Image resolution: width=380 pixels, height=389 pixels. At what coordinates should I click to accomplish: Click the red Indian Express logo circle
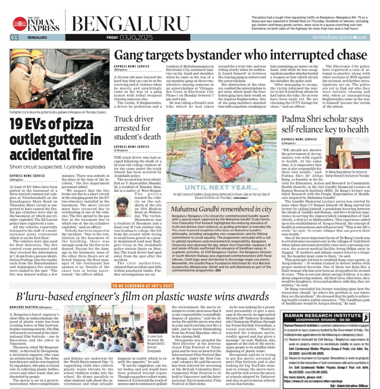(20, 24)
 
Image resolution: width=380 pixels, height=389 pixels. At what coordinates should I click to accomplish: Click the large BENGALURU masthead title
(126, 24)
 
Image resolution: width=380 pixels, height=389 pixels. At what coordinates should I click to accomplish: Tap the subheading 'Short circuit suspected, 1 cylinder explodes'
(58, 167)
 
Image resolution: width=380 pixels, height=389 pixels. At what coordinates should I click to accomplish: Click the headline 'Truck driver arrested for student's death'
(137, 128)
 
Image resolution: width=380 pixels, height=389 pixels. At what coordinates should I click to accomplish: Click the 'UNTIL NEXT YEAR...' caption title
(221, 187)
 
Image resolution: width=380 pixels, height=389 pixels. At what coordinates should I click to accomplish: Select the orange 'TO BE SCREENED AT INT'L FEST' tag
(142, 286)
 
